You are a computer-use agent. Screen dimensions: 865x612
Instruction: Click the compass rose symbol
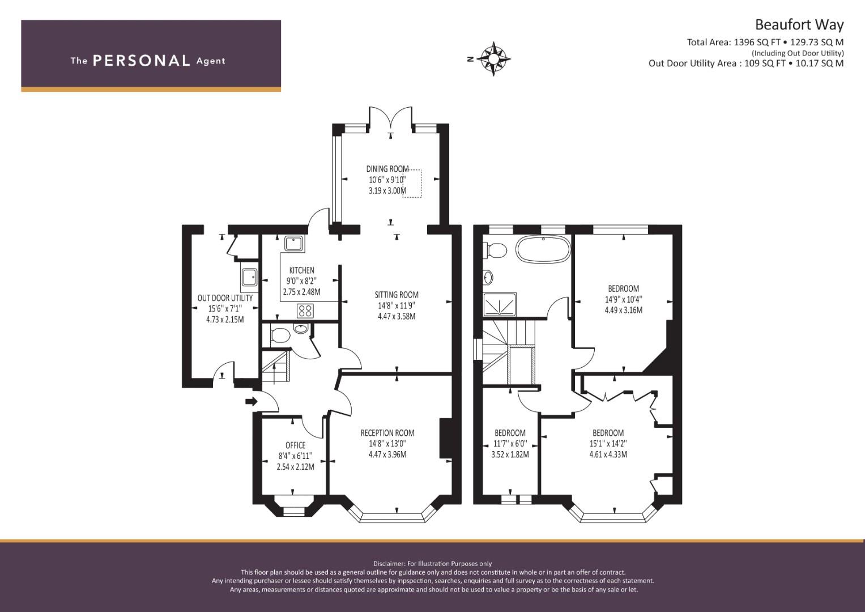point(493,59)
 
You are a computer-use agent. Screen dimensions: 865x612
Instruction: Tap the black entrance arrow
point(252,401)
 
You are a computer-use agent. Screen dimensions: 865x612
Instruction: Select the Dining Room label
point(387,169)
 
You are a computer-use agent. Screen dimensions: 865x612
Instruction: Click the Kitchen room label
point(301,270)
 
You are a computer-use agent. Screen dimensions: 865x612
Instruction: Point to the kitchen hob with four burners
point(305,311)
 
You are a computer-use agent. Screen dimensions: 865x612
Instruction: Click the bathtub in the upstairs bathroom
point(543,250)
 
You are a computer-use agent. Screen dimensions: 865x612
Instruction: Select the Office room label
point(295,445)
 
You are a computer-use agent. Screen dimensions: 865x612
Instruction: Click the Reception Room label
point(387,433)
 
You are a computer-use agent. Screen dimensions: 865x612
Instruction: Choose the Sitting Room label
point(397,295)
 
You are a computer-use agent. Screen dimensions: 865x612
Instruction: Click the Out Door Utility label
point(225,298)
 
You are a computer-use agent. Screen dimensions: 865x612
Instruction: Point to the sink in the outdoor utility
point(249,277)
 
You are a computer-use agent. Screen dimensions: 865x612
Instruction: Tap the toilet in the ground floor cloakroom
point(280,335)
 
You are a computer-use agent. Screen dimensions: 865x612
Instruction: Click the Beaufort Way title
point(799,25)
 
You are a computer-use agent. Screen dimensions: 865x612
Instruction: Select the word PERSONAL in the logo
point(142,61)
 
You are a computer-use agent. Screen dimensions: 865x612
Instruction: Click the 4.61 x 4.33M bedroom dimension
point(608,454)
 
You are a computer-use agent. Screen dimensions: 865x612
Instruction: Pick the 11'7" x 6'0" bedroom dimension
point(510,444)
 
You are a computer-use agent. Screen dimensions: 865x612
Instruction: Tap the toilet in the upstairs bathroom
point(496,249)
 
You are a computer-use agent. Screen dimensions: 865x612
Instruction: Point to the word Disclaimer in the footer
point(389,564)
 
